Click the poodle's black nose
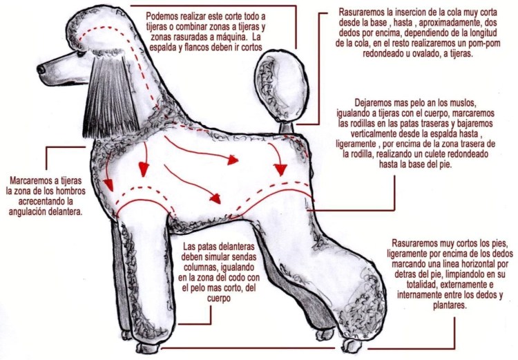(x=41, y=69)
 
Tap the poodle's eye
(x=81, y=54)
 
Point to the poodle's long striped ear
(x=110, y=96)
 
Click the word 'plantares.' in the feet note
(x=450, y=305)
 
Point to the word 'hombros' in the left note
(x=70, y=191)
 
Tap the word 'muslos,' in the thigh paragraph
(x=463, y=103)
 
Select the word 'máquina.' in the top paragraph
(x=230, y=37)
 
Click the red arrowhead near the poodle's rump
(x=280, y=169)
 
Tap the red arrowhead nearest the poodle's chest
(x=108, y=185)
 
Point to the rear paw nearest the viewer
(x=351, y=345)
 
